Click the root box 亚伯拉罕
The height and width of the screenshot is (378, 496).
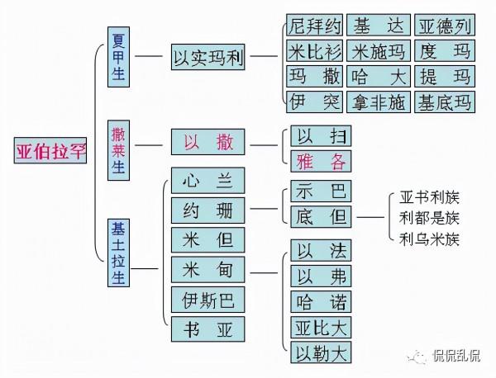coord(51,151)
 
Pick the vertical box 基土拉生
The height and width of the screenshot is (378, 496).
coord(118,253)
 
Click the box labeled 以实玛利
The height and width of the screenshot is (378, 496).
coord(207,59)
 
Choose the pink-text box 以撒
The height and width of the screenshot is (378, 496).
coord(207,143)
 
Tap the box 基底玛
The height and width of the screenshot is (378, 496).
coord(445,102)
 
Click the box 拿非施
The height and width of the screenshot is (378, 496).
coord(379,102)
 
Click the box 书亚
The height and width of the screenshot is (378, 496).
coord(207,328)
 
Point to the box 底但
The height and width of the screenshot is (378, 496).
coord(321,217)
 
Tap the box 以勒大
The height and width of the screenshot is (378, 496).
coord(321,353)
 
